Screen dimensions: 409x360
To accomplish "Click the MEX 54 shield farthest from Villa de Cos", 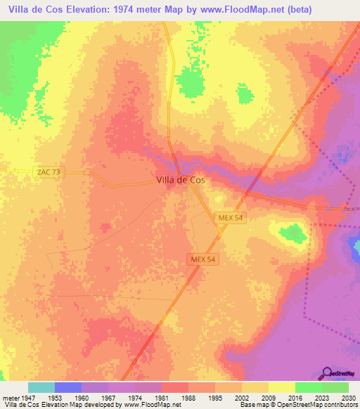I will (203, 259).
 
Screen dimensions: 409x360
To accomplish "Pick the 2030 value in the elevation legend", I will (348, 396).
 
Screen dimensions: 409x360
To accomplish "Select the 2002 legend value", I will (241, 396).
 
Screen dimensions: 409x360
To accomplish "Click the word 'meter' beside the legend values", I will (9, 396).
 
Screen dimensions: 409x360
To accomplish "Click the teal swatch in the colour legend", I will (41, 387).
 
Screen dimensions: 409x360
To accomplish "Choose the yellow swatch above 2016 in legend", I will (281, 387).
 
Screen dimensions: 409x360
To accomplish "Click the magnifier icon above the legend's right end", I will (328, 372).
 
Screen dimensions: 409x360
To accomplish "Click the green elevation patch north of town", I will (188, 83).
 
